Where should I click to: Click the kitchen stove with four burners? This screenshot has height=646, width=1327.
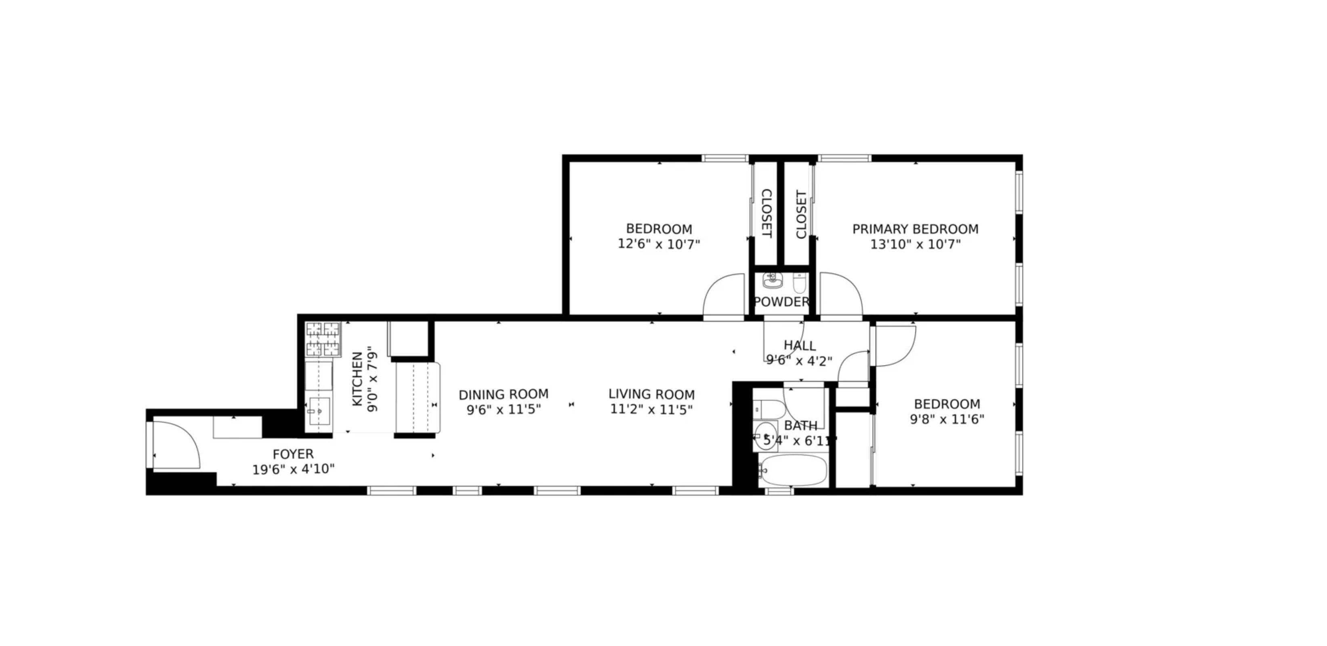click(x=323, y=339)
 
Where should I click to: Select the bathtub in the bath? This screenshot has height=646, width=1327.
click(x=793, y=470)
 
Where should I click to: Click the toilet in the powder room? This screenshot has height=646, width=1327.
click(x=799, y=283)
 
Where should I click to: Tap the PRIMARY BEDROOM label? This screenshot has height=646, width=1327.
click(x=915, y=229)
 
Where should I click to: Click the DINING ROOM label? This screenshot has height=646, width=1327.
click(x=503, y=395)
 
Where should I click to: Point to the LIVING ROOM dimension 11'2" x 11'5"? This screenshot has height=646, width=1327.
click(x=651, y=410)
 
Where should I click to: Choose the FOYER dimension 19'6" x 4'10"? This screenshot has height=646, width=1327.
click(x=293, y=470)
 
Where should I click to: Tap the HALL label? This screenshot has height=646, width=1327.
click(x=800, y=345)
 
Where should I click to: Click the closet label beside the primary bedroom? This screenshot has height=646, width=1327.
click(x=801, y=214)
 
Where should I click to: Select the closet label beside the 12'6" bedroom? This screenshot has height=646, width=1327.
click(x=766, y=214)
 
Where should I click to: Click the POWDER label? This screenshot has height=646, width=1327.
click(x=781, y=302)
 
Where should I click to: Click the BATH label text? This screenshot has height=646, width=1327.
click(x=800, y=426)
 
